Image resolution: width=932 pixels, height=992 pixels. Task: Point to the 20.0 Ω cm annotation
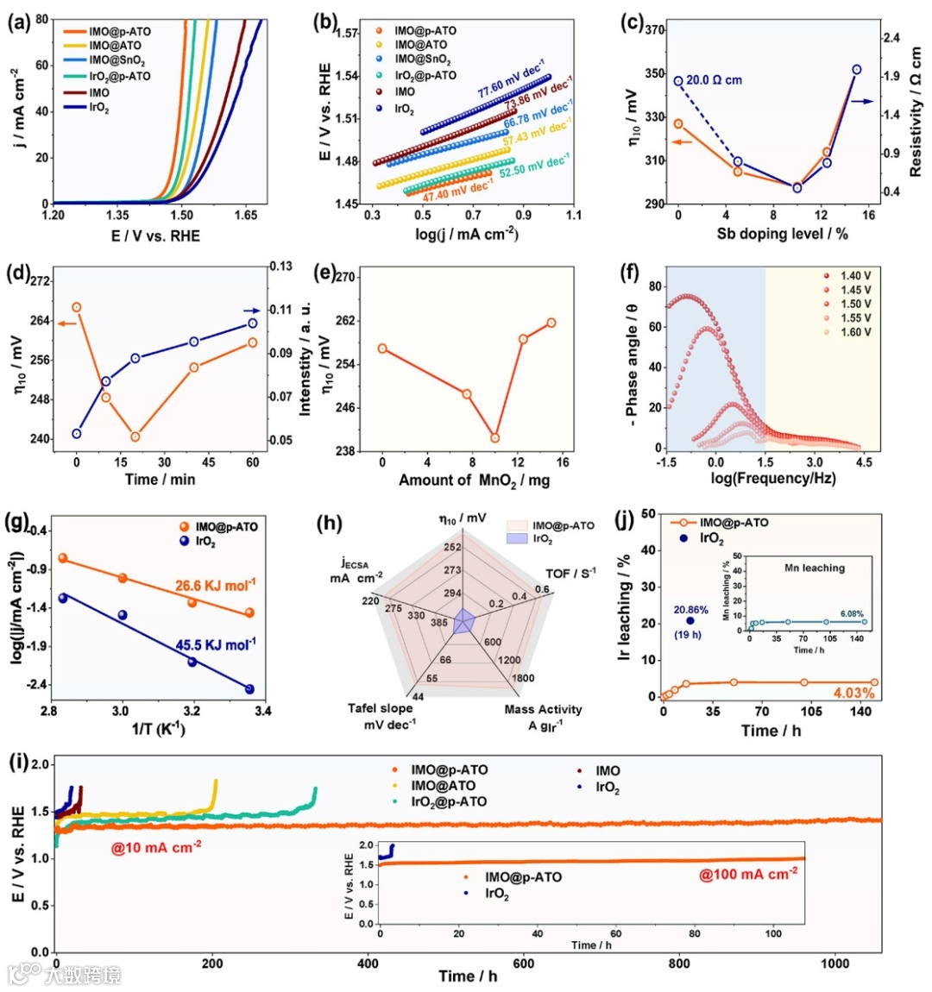click(x=714, y=80)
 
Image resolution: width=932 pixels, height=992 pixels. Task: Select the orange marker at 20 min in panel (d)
click(x=135, y=436)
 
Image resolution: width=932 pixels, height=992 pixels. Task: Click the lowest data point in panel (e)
click(x=494, y=438)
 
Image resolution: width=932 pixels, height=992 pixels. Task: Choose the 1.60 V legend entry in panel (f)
click(x=855, y=332)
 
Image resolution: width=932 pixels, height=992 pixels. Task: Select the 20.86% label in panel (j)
click(x=690, y=610)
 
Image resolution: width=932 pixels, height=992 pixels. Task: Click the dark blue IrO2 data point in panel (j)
click(x=690, y=621)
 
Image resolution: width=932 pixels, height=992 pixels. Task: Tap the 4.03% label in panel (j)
click(x=853, y=694)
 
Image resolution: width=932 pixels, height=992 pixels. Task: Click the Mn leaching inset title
click(x=814, y=568)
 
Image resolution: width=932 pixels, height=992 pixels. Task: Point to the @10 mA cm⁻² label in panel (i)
click(x=156, y=848)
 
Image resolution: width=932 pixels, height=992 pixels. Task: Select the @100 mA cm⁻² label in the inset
click(x=747, y=875)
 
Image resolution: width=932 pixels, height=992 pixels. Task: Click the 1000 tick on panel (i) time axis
click(x=834, y=964)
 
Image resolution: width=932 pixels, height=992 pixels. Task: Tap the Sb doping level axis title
click(x=782, y=234)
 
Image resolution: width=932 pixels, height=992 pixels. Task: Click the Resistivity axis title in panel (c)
click(x=915, y=112)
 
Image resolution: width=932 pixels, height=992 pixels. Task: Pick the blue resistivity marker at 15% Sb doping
click(x=857, y=70)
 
